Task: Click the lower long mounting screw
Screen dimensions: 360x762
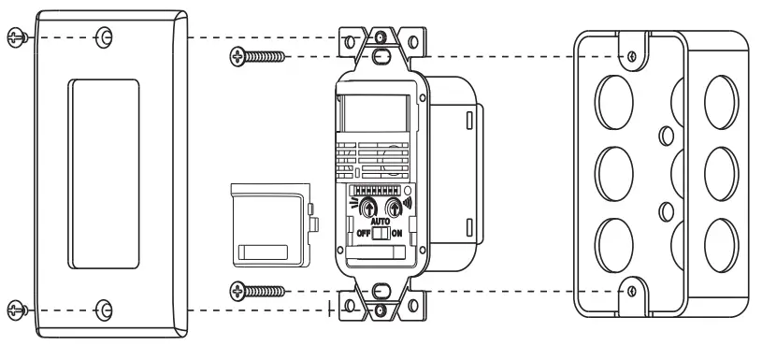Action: (x=257, y=292)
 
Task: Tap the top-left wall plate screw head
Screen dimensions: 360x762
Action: (x=14, y=37)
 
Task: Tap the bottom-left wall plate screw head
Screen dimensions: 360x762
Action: (x=14, y=309)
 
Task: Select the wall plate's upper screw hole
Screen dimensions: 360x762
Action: (x=105, y=38)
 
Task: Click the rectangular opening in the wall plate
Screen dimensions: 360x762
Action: (x=104, y=174)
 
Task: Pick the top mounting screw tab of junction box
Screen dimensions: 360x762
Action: (x=633, y=55)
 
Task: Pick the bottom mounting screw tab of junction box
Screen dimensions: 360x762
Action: (x=633, y=293)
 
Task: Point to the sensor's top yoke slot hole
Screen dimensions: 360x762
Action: (x=380, y=56)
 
